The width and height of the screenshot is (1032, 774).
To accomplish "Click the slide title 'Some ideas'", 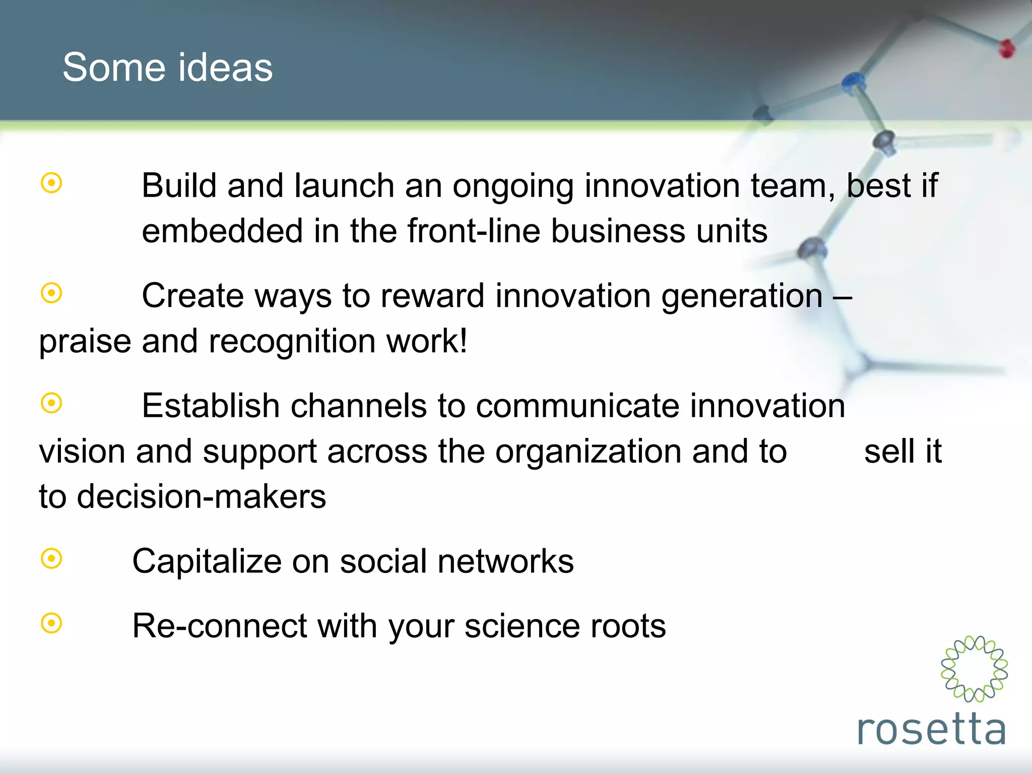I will (167, 68).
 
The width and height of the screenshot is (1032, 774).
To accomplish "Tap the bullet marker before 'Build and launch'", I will (51, 183).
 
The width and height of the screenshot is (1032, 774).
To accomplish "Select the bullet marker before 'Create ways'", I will (51, 293).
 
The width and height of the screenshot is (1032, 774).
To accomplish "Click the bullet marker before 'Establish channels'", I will (51, 403).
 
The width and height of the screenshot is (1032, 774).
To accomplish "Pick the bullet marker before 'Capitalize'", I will (51, 558).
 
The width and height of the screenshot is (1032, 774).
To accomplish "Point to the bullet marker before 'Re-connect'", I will (51, 623).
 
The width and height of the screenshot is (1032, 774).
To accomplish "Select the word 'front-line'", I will (473, 231).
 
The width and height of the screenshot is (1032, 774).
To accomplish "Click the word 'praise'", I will (85, 342).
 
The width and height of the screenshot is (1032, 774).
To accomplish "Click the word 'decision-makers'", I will (201, 496).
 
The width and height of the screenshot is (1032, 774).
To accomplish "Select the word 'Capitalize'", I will (207, 561).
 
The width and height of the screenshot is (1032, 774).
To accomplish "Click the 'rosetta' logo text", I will (931, 730).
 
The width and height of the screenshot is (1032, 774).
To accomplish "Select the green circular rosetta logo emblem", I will (974, 669).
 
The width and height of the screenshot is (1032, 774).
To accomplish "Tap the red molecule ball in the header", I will (1006, 48).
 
